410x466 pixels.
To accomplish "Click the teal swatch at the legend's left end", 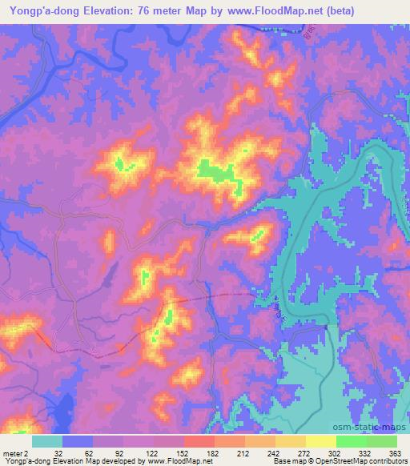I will coord(47,441).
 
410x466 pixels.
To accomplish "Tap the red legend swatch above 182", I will coord(199,441).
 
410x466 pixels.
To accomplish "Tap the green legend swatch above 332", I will coord(351,441).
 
